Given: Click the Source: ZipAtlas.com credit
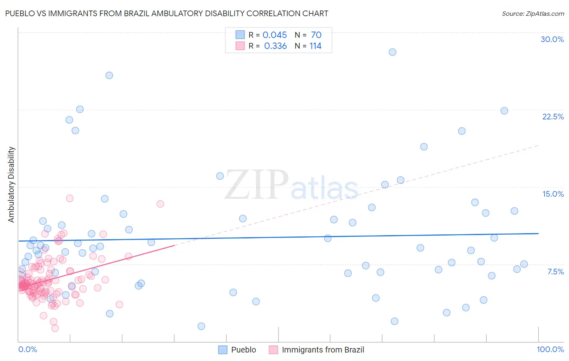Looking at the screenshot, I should pos(533,13).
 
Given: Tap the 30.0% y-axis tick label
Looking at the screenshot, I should pos(552,39).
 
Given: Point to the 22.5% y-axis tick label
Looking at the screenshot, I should pos(553,117).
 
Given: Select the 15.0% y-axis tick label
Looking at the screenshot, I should pos(553,194).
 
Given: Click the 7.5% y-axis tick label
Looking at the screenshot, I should pos(555,272).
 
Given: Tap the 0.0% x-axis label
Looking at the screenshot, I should pos(28,349).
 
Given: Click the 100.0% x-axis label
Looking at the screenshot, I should pos(550,349).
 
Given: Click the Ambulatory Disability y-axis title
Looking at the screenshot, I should pos(11,185).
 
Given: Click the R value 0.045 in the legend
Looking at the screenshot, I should pos(274,35).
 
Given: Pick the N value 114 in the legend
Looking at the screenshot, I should pos(315,46).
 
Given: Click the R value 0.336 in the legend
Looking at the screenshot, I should pos(275,46).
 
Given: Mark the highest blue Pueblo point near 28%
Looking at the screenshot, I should pos(392,52).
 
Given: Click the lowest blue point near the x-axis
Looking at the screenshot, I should pos(201,326).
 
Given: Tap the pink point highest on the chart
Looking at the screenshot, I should pos(70,198).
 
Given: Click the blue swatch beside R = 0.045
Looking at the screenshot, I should pos(240,35).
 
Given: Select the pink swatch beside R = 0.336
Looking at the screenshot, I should pos(240,46).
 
